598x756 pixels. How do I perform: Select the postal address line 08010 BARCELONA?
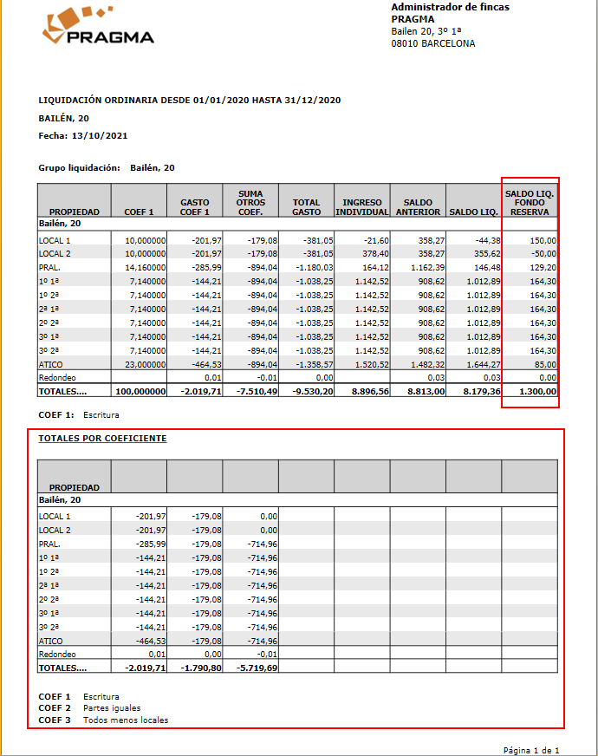pyautogui.click(x=432, y=43)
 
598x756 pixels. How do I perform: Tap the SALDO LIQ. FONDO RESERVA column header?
pyautogui.click(x=530, y=201)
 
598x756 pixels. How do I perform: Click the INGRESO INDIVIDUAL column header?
pyautogui.click(x=362, y=206)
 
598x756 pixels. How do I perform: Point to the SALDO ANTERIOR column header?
pyautogui.click(x=418, y=206)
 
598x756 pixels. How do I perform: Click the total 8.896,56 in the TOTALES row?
pyautogui.click(x=366, y=392)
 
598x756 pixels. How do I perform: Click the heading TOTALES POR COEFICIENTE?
pyautogui.click(x=102, y=439)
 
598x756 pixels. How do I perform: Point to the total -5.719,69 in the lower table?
pyautogui.click(x=254, y=668)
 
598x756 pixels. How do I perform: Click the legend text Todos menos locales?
pyautogui.click(x=125, y=720)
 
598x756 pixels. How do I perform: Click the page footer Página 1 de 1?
pyautogui.click(x=530, y=750)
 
